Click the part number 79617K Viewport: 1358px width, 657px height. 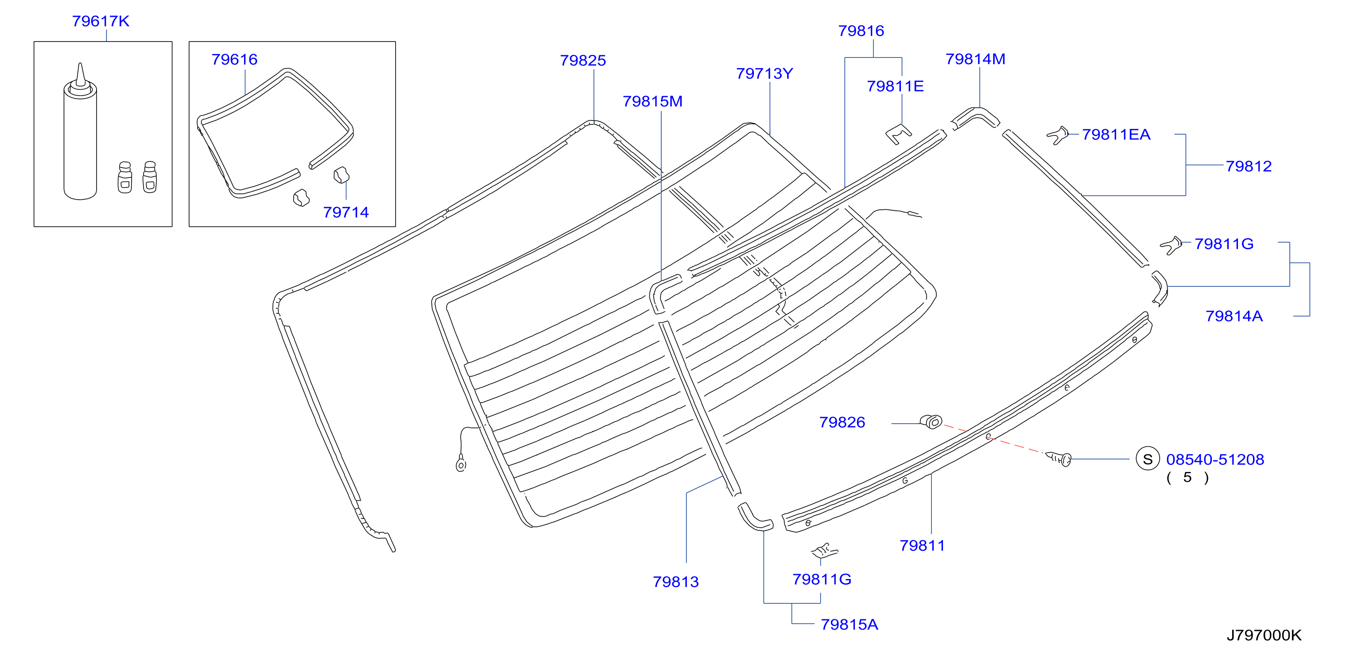[101, 21]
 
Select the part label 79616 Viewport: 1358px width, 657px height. [235, 59]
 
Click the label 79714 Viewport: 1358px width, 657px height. [346, 213]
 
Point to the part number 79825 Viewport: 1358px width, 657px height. [583, 61]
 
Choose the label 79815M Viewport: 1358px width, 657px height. [652, 101]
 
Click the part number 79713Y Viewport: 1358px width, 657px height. [764, 74]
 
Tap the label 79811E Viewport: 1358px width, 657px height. [895, 86]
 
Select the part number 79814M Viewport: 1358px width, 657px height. [975, 59]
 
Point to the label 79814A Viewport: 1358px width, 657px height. [1234, 316]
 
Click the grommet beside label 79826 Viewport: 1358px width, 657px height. [931, 421]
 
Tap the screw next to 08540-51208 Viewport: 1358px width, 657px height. [1059, 459]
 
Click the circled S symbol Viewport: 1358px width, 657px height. [1148, 460]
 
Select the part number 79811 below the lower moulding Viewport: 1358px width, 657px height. [923, 546]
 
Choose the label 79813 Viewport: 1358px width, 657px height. [676, 582]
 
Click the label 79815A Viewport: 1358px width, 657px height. [849, 625]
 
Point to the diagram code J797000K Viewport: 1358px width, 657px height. [1264, 635]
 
